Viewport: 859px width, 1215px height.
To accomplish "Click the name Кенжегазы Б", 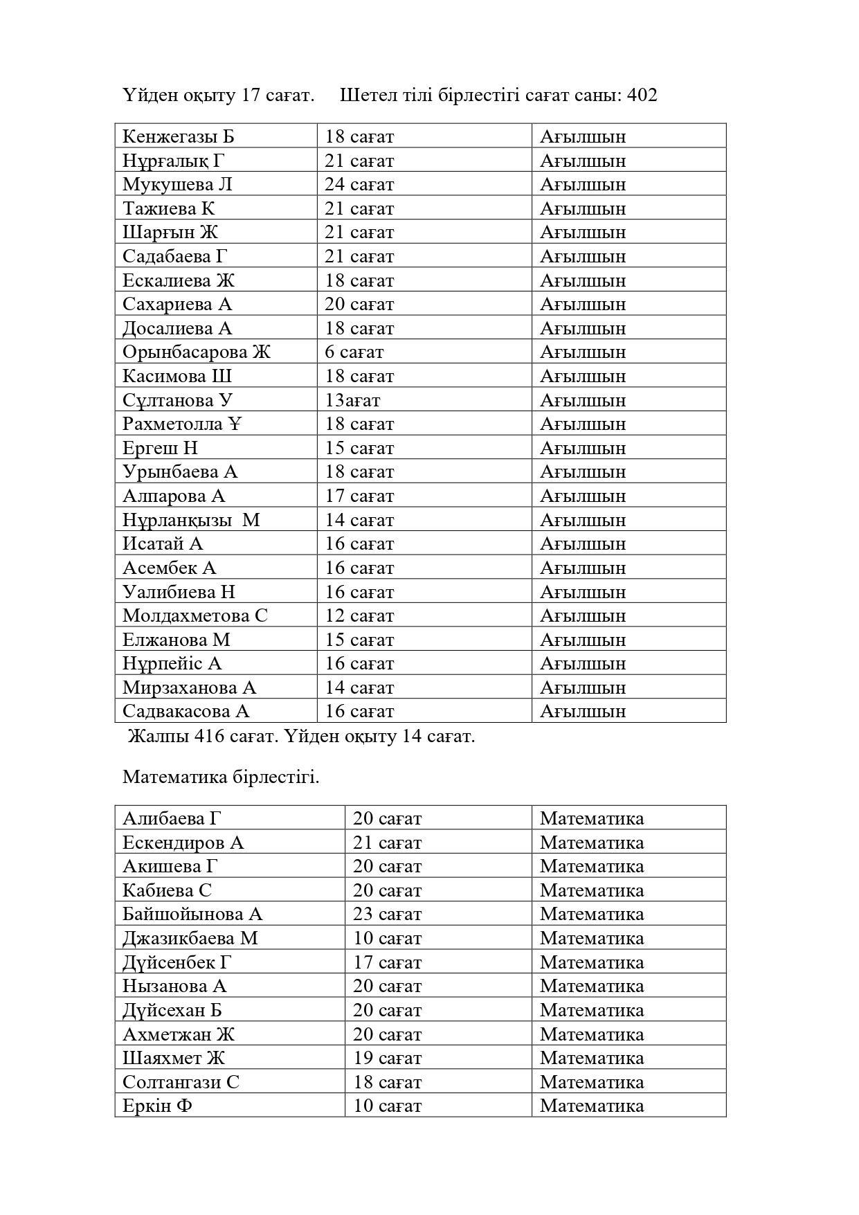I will [x=178, y=136].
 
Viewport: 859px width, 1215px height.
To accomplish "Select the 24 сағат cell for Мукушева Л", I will [x=359, y=185].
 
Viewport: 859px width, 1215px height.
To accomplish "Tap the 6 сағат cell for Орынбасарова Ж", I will [x=354, y=352].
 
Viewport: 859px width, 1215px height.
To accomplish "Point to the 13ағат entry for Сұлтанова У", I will [x=352, y=400].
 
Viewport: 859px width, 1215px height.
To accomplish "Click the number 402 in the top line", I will [x=642, y=95].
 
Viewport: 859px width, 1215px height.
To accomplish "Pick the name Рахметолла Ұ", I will [x=182, y=424].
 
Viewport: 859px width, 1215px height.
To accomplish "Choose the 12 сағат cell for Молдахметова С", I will [x=359, y=616].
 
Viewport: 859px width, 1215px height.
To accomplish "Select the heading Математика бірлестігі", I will [x=221, y=777].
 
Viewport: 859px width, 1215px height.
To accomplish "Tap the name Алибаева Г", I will [x=172, y=818].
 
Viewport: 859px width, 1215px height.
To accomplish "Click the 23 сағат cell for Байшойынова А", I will [x=387, y=915].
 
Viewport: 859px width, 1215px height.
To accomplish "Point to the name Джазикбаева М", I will [x=190, y=939].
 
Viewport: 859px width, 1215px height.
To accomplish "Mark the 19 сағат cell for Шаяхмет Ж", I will [x=387, y=1059].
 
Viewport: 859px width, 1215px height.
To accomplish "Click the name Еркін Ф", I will [x=157, y=1106].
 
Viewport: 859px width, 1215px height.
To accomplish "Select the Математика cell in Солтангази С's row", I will [x=592, y=1082].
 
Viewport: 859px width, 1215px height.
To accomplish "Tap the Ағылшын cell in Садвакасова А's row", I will [x=583, y=712].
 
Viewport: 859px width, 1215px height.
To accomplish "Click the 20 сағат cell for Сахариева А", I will [x=359, y=305].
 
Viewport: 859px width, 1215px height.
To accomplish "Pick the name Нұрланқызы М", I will [x=191, y=520].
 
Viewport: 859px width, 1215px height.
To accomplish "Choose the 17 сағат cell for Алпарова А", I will [x=359, y=496].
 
